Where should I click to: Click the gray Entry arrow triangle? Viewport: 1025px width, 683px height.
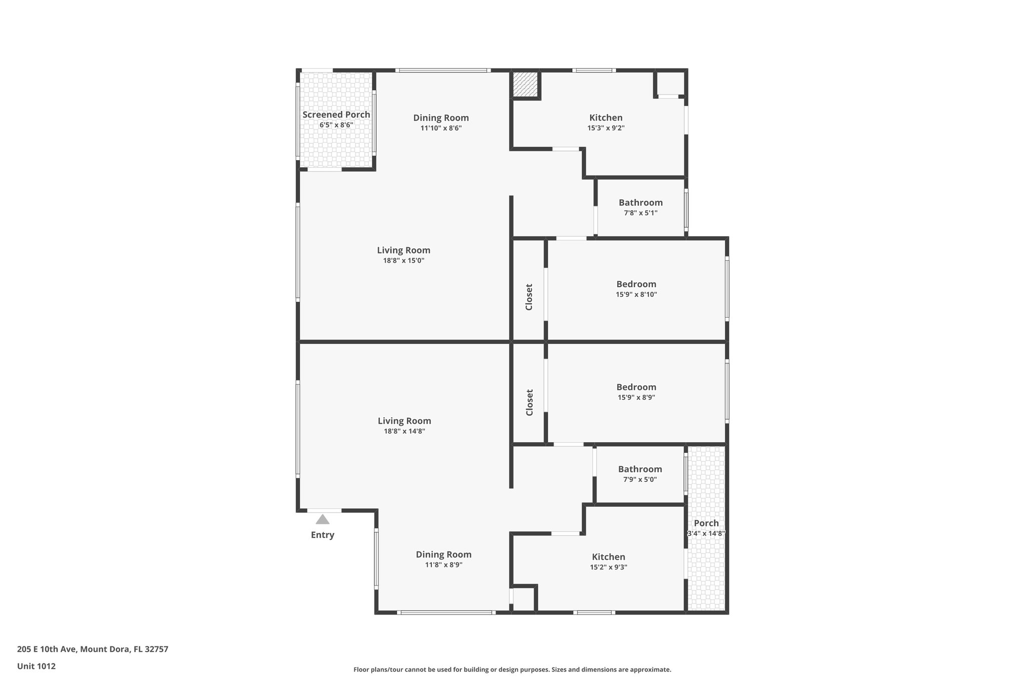tap(323, 519)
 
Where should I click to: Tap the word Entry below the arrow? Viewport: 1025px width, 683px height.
tap(322, 535)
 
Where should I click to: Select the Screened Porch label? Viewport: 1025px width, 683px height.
tap(336, 115)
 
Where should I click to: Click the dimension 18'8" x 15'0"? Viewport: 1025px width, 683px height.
tap(403, 260)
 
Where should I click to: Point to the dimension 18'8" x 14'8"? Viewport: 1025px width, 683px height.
tap(404, 431)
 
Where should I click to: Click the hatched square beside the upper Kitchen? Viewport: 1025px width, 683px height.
tap(525, 85)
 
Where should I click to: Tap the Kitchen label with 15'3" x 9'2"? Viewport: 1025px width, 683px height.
tap(606, 118)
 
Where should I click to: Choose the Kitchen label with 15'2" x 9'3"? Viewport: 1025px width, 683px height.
tap(609, 557)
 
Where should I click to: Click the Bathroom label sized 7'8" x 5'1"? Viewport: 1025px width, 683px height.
tap(641, 203)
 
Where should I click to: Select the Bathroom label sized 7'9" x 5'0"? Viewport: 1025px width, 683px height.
tap(640, 469)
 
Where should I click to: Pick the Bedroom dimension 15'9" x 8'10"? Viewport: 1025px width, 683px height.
tap(637, 294)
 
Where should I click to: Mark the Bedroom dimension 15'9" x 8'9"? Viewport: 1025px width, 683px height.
tap(637, 397)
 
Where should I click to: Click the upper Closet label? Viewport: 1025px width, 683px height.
tap(529, 297)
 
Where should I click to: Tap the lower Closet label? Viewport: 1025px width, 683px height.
tap(530, 402)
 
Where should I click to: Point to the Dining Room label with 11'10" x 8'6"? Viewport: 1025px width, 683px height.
tap(441, 118)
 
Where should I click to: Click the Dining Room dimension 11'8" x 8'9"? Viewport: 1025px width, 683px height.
tap(444, 564)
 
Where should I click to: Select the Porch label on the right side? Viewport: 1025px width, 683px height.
tap(706, 523)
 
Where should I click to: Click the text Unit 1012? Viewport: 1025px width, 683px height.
tap(37, 666)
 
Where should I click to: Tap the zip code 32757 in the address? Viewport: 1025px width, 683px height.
tap(157, 649)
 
